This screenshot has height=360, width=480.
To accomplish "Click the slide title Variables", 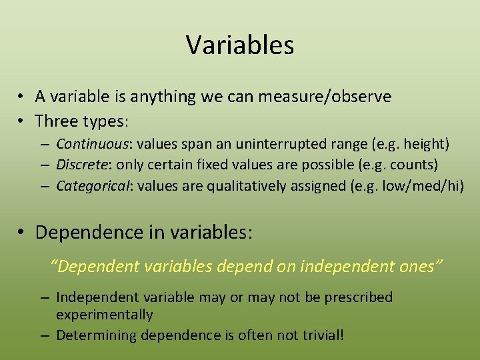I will pos(240,45).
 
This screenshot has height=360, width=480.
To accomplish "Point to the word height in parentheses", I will pos(424,144).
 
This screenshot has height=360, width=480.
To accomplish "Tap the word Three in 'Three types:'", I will pos(57,121).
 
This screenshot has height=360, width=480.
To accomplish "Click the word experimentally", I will pos(105,315).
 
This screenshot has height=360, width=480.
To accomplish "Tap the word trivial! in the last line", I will pos(322,335).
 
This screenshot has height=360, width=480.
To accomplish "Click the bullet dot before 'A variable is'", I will pos(23,97).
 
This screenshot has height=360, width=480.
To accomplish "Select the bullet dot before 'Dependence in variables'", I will pos(23,233).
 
